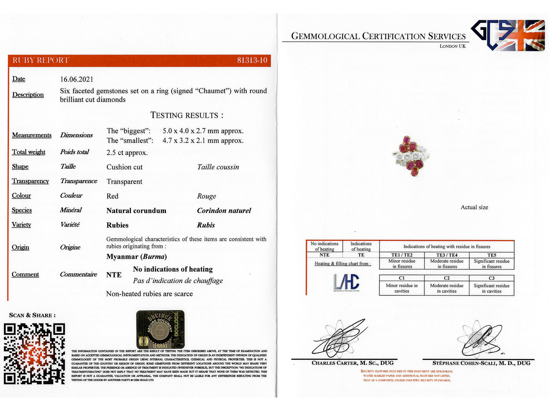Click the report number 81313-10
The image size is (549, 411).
point(252,60)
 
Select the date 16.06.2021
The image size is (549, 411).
point(77,79)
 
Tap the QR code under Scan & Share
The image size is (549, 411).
point(34,354)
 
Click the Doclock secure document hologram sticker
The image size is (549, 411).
point(160,329)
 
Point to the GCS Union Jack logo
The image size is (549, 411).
point(508,35)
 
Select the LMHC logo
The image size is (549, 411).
point(346,282)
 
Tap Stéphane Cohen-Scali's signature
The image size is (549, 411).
point(480,340)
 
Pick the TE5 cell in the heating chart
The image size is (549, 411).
point(492,255)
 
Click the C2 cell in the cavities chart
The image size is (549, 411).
point(447,278)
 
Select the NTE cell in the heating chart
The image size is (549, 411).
point(324,255)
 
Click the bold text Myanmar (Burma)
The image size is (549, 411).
point(136,257)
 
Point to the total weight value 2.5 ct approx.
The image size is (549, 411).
point(127,153)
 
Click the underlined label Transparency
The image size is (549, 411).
point(30,181)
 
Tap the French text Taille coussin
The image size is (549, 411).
point(218,167)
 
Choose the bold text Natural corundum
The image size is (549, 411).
point(136,211)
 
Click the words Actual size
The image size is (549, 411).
point(474,207)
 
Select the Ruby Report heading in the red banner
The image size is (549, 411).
point(41,60)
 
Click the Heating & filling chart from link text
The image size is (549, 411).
point(343,264)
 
